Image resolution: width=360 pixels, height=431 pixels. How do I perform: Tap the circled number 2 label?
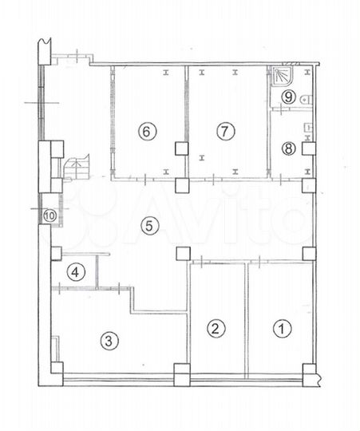pyautogui.click(x=214, y=326)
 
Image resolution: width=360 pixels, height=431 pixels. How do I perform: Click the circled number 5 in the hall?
pyautogui.click(x=148, y=227)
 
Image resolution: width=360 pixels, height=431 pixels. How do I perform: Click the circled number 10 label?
pyautogui.click(x=49, y=215)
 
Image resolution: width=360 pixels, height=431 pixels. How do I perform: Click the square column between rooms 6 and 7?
pyautogui.click(x=183, y=148)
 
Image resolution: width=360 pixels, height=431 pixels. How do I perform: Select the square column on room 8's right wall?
pyautogui.click(x=311, y=148)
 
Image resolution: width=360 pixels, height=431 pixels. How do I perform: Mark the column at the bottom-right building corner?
pyautogui.click(x=308, y=370)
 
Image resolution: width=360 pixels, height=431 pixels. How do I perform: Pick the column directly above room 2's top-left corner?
pyautogui.click(x=183, y=254)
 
